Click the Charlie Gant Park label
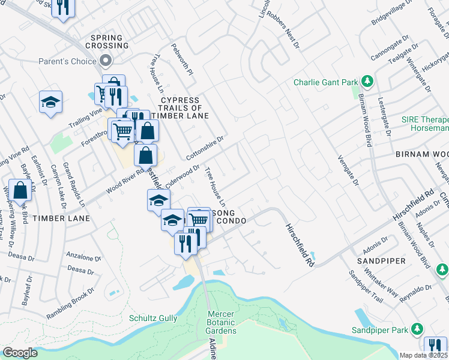pos(325,82)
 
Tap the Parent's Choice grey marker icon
pos(106,61)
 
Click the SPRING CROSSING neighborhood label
pos(109,41)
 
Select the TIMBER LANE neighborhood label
pos(62,218)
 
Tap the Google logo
pos(20,353)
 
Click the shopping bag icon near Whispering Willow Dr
pos(20,190)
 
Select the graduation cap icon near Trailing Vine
pos(51,102)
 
